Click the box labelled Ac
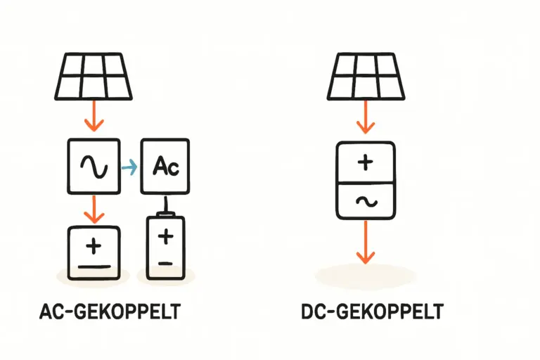[x=167, y=166]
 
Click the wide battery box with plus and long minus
[x=94, y=251]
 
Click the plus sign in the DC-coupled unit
[x=365, y=163]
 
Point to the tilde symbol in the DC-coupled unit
[x=365, y=201]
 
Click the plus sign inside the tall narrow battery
[x=166, y=237]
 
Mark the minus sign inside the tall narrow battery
[x=166, y=262]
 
